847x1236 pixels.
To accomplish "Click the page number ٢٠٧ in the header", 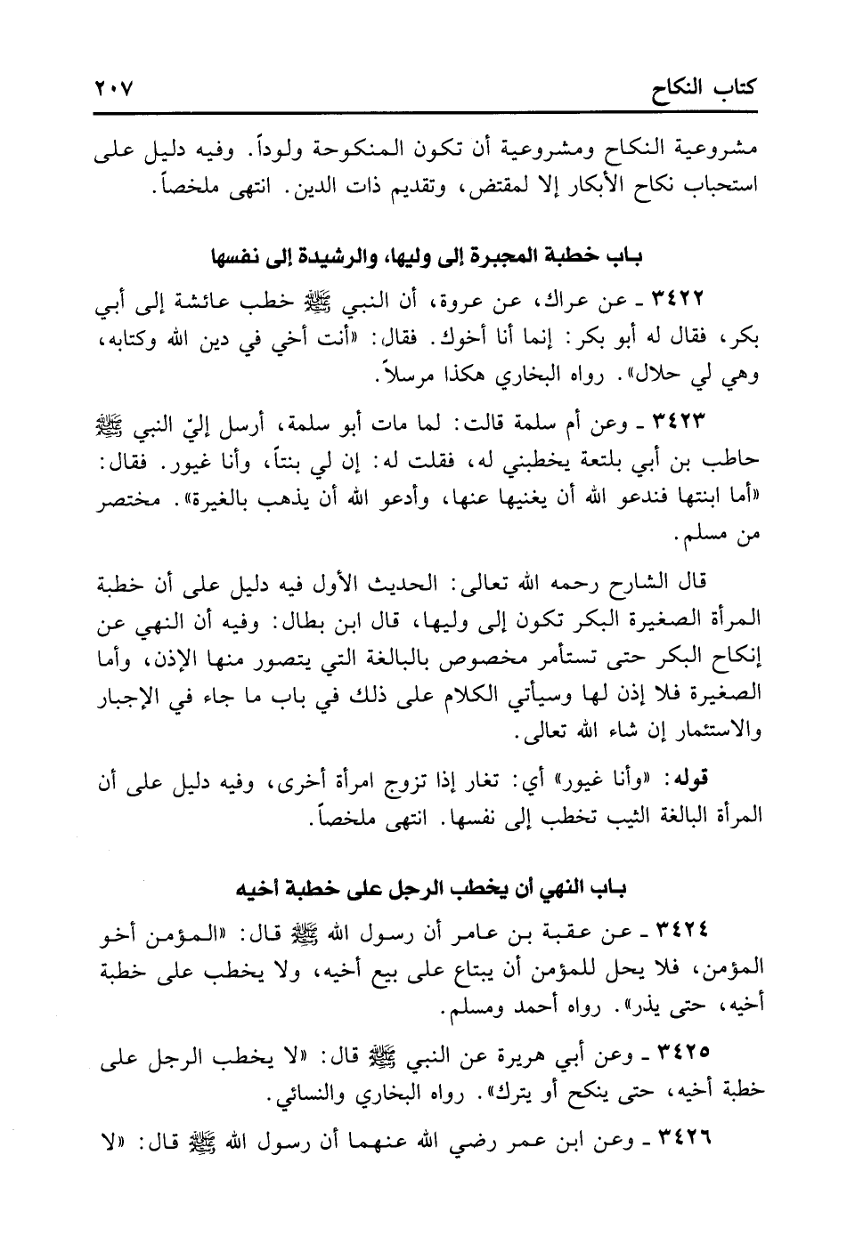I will point(111,90).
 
